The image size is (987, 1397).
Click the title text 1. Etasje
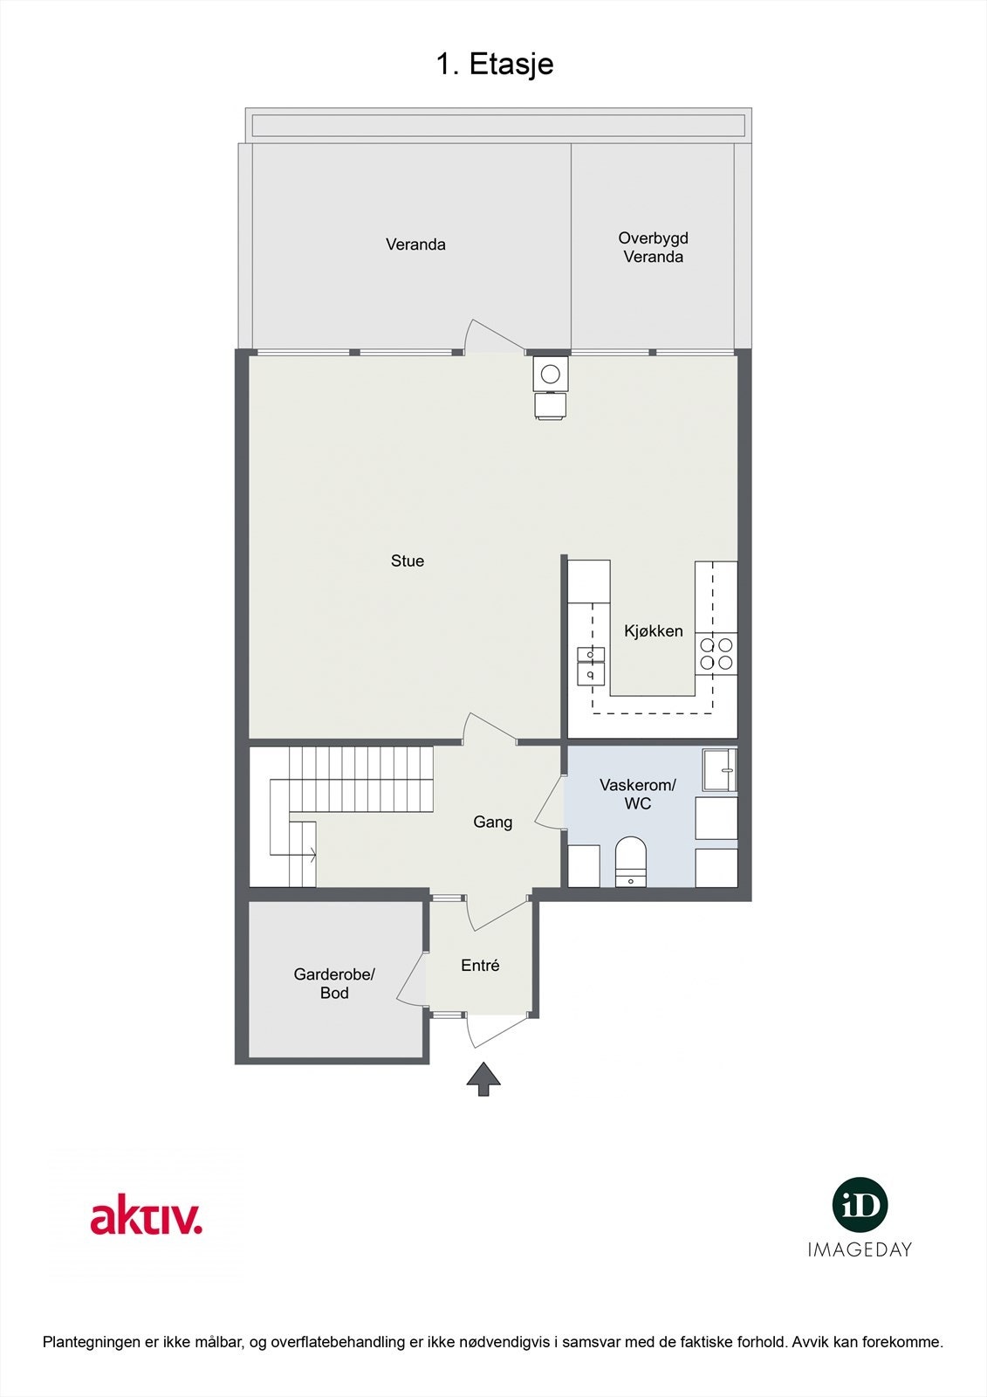click(494, 64)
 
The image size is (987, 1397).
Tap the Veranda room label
click(415, 244)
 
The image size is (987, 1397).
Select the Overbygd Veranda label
click(653, 247)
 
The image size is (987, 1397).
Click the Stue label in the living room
click(407, 561)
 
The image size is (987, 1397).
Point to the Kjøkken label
click(653, 631)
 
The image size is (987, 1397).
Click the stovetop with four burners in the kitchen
click(716, 654)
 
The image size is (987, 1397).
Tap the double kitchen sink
click(590, 664)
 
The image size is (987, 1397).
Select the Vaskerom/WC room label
click(637, 795)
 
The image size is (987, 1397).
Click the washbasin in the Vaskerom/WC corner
click(720, 769)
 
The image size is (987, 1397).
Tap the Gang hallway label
click(492, 822)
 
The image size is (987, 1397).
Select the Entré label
click(480, 966)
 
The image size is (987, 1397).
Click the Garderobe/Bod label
click(333, 983)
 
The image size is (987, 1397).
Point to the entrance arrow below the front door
click(483, 1078)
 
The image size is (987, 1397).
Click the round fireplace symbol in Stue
click(550, 375)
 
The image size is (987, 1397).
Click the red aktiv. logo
click(146, 1217)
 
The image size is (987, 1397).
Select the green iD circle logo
click(860, 1205)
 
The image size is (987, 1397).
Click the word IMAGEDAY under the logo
click(860, 1249)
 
